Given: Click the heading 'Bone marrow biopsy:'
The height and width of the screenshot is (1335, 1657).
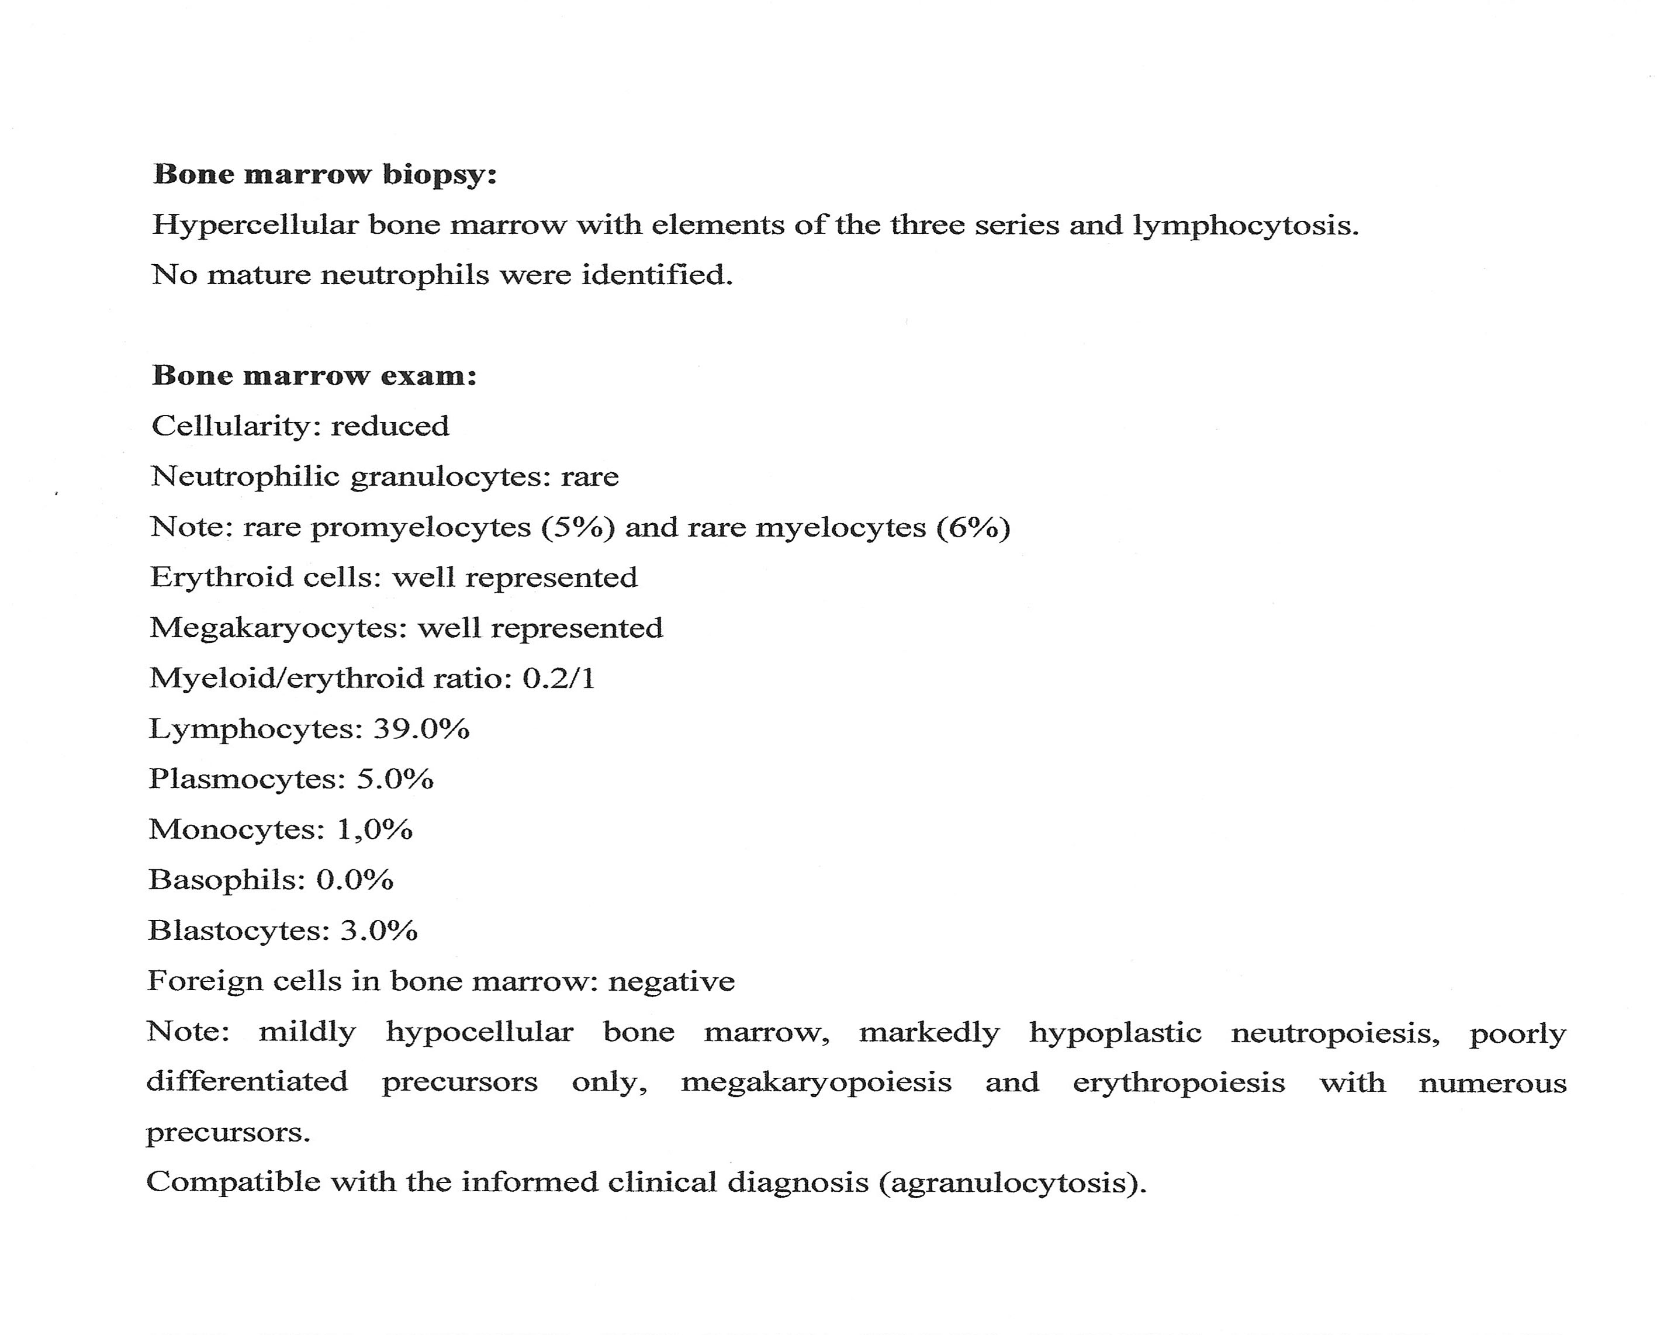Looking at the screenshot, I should (x=324, y=175).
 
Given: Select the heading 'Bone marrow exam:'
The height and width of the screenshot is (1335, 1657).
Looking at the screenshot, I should (x=314, y=375).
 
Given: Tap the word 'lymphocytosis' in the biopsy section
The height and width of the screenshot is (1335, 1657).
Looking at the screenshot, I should (x=1245, y=225).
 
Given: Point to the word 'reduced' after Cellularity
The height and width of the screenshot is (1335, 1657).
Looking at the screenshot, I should (x=390, y=426).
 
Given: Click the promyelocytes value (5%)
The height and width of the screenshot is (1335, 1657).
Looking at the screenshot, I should (x=578, y=528).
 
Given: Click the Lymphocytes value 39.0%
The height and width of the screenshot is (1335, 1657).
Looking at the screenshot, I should (x=421, y=729).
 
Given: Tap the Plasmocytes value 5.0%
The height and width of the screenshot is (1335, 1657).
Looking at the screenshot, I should (x=395, y=779).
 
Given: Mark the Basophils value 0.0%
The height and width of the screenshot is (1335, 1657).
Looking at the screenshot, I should (x=354, y=880).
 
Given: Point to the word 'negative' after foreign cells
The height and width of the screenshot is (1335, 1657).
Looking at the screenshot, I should (x=671, y=981).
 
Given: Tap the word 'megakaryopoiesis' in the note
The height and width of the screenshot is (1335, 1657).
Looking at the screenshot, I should (x=816, y=1082).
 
